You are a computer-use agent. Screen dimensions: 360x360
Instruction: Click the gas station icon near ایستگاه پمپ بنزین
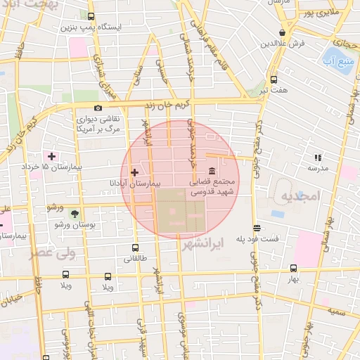(91, 15)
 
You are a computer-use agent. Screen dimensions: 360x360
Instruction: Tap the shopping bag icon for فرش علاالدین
(282, 32)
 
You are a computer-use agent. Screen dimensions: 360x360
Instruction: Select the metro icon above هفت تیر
(273, 79)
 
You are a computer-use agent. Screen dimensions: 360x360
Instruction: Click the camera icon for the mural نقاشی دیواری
(97, 108)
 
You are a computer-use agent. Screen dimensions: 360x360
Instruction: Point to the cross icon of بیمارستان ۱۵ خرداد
(51, 155)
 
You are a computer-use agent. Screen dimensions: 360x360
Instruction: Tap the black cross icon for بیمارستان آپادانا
(134, 172)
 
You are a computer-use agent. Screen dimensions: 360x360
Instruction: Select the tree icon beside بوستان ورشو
(75, 213)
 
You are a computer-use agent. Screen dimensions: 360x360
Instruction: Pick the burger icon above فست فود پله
(257, 228)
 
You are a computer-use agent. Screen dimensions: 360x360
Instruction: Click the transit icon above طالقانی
(136, 247)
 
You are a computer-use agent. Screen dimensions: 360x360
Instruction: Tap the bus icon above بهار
(293, 268)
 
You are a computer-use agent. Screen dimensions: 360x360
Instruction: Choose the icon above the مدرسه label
(317, 157)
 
